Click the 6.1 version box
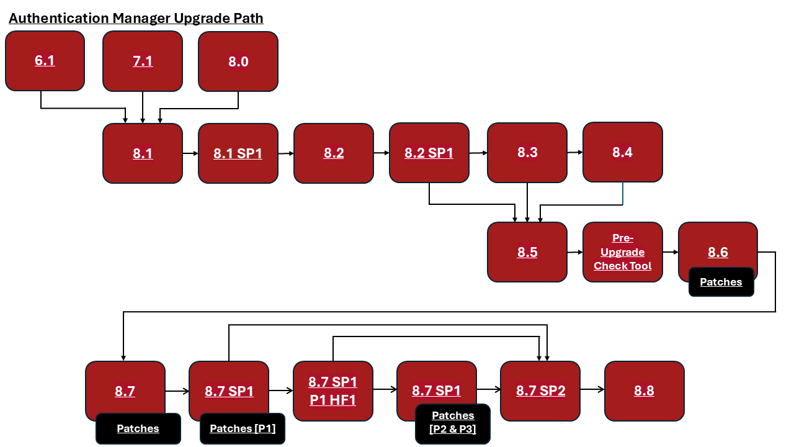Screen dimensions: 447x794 (45, 61)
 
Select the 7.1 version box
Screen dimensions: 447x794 (143, 61)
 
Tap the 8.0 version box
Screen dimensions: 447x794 (238, 61)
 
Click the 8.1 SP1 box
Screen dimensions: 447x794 (238, 153)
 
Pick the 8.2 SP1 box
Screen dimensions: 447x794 (429, 153)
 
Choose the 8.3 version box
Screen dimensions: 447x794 (527, 153)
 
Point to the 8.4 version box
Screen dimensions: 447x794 (623, 152)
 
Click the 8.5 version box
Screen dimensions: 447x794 (527, 252)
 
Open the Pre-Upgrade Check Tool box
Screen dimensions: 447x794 (623, 252)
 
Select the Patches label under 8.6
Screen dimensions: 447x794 (721, 282)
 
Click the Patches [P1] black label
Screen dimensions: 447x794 (243, 428)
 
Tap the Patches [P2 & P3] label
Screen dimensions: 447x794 (453, 422)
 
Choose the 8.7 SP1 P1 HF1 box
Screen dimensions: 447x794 (333, 391)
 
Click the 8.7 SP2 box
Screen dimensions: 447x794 (540, 391)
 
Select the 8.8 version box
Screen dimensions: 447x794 (644, 391)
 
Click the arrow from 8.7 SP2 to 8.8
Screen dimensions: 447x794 (592, 390)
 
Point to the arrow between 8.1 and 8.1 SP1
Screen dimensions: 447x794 (190, 153)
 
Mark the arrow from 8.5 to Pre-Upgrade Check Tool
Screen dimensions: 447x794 (575, 252)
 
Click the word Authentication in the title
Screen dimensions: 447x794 (59, 18)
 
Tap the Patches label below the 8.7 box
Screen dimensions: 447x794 (138, 428)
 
